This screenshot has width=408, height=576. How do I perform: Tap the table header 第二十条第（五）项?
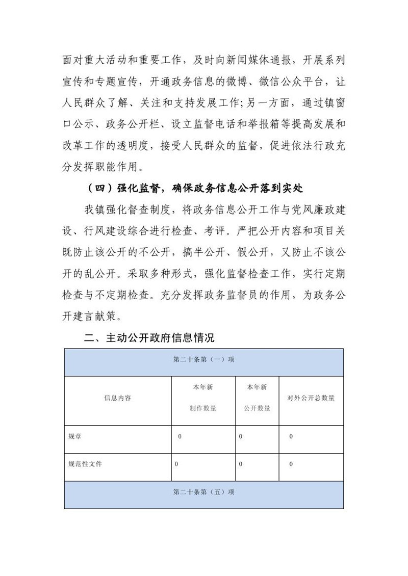point(203,492)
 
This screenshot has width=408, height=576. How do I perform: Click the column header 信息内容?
point(118,398)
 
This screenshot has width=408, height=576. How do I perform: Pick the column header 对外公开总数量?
point(311,398)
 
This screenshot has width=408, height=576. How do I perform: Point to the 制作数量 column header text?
point(203,408)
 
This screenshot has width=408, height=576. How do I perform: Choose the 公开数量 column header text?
point(257,408)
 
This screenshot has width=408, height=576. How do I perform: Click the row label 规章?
point(75,437)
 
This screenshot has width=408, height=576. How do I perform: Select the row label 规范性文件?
point(85,464)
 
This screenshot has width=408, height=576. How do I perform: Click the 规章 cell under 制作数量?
point(180,437)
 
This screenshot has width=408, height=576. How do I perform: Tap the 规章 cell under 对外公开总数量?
point(291,437)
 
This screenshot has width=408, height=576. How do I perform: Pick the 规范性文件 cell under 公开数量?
point(241,464)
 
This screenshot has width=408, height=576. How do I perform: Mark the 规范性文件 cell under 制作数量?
point(176,464)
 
